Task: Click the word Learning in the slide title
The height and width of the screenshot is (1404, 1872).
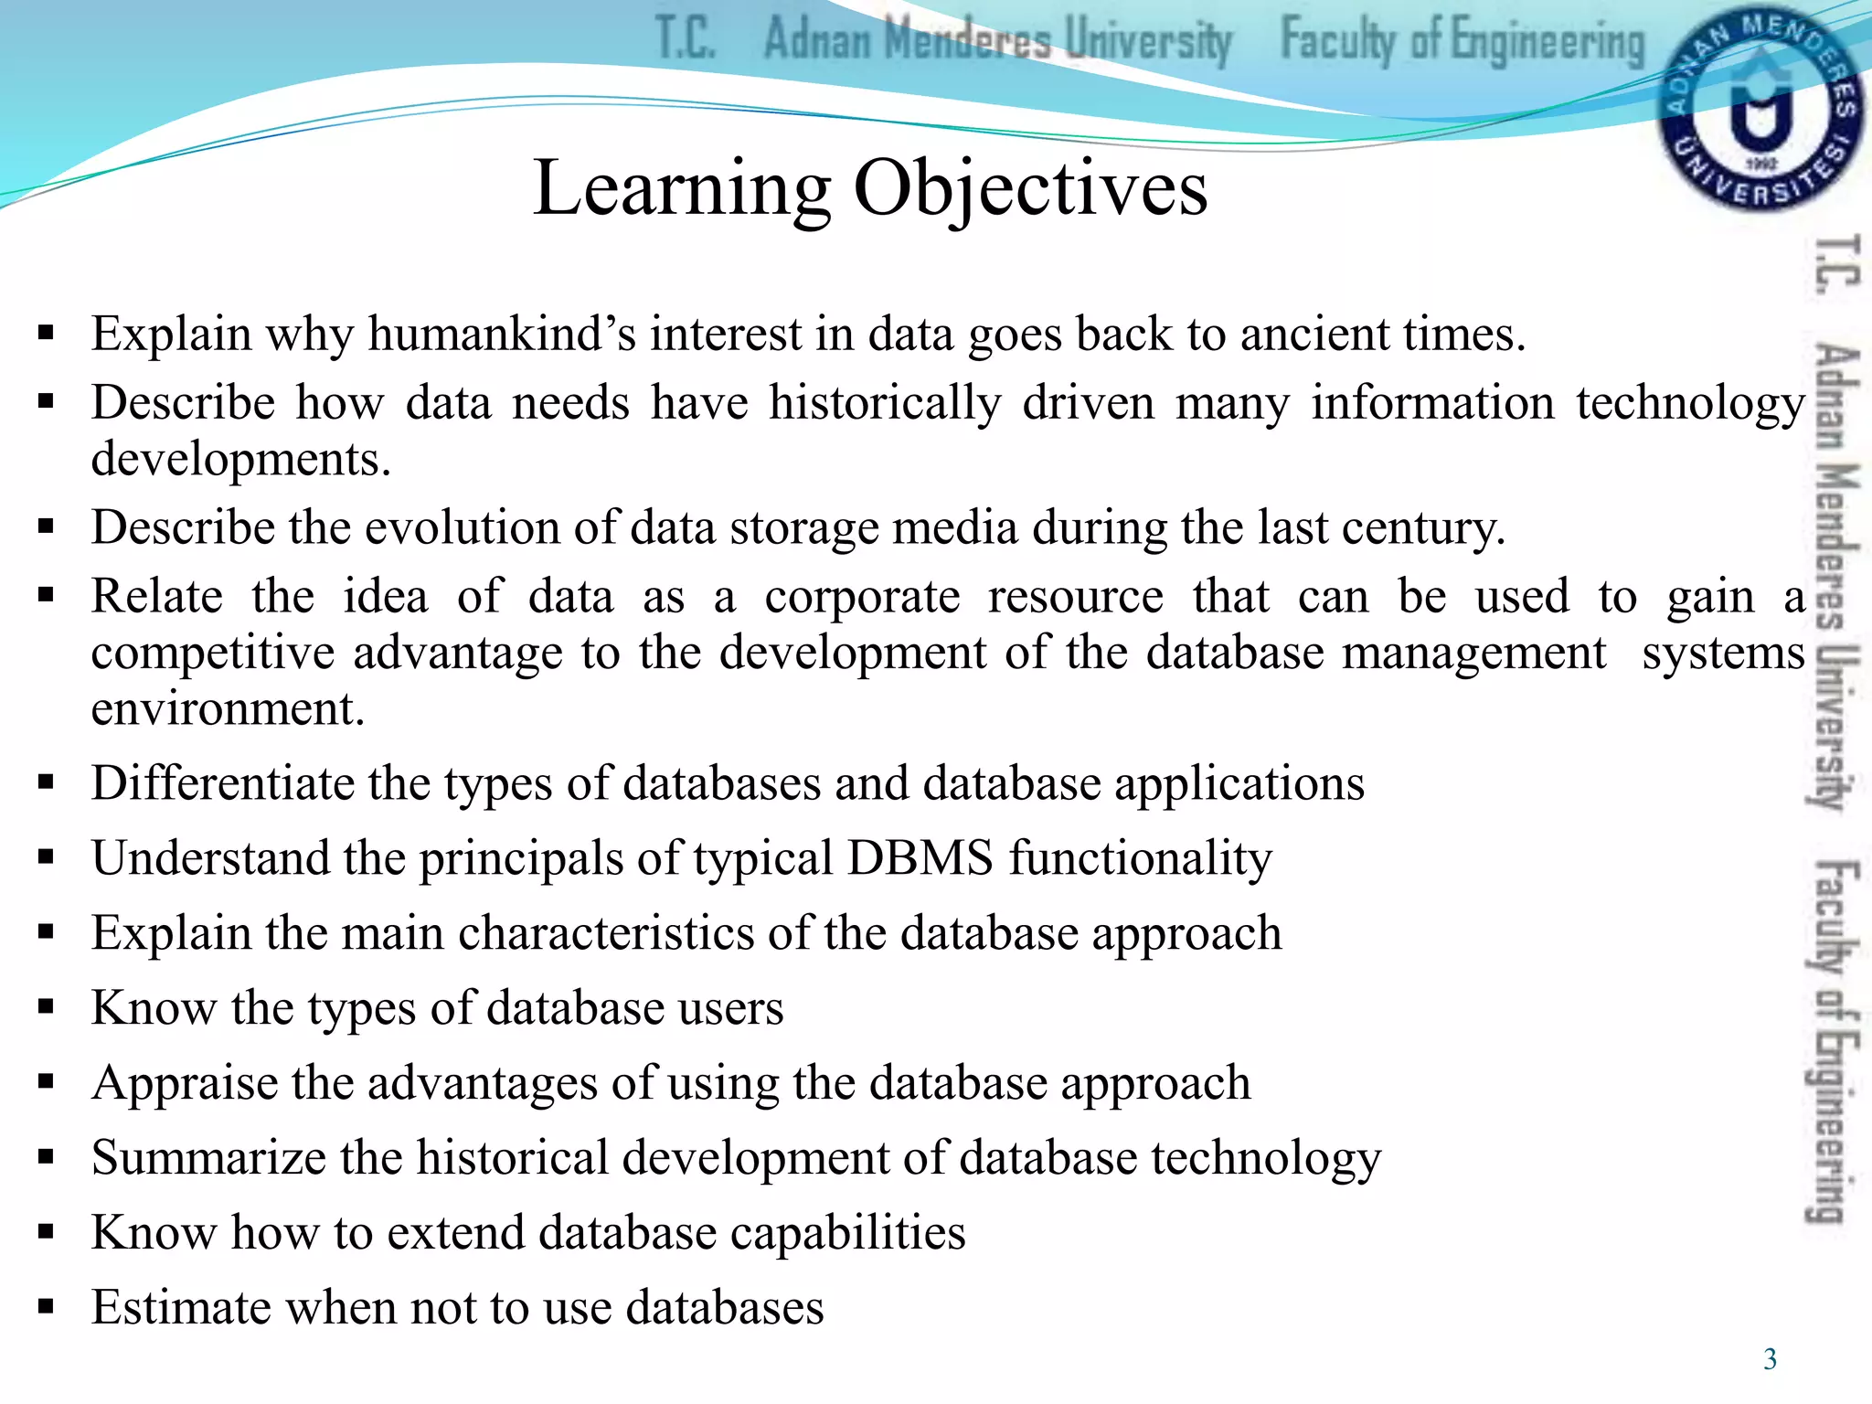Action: click(x=682, y=188)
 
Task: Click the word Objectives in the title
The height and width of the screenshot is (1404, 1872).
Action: click(x=1030, y=188)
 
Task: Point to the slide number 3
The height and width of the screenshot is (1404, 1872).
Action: click(x=1770, y=1359)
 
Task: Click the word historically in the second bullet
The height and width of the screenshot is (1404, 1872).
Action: click(x=885, y=403)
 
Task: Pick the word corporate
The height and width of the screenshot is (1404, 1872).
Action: click(x=862, y=598)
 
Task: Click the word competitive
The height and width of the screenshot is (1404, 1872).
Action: click(x=212, y=654)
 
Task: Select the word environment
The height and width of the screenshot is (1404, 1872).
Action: click(x=228, y=709)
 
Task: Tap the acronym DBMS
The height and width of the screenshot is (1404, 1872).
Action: click(x=920, y=858)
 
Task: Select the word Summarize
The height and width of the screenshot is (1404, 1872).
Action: click(x=208, y=1158)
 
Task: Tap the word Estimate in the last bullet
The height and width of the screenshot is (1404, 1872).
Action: click(x=181, y=1308)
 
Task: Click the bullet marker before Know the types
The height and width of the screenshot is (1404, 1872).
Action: click(x=47, y=1007)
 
